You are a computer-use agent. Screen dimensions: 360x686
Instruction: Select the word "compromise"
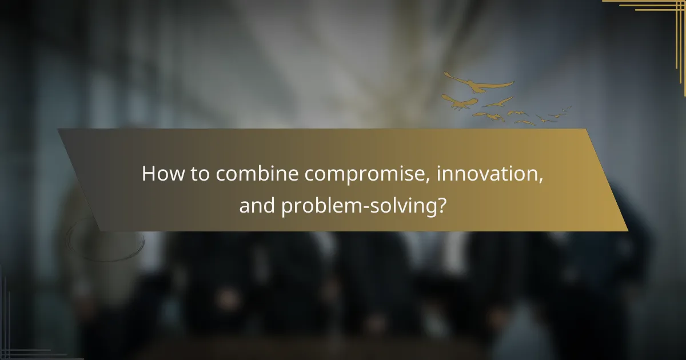[366, 175]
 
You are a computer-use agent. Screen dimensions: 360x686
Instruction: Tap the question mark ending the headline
[441, 206]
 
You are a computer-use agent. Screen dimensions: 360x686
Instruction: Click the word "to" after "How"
[200, 174]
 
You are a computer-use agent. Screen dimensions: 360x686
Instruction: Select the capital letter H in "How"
[149, 174]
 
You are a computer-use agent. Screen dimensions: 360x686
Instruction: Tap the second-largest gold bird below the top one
[461, 102]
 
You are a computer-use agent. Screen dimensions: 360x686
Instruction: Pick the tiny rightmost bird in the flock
[566, 109]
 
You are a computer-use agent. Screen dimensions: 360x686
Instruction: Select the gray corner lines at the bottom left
[17, 343]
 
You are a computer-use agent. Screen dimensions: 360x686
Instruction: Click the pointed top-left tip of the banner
[58, 130]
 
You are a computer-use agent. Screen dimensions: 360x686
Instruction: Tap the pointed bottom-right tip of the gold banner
[627, 230]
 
